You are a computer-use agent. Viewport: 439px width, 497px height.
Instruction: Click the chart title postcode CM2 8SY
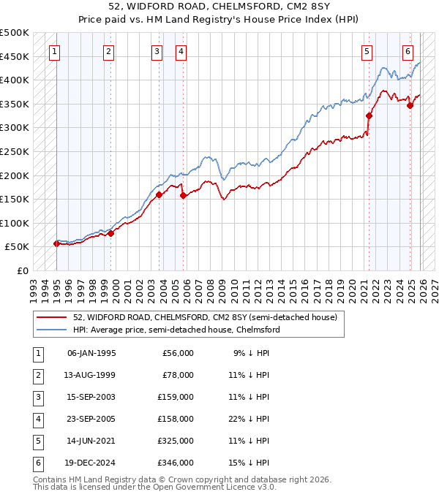pyautogui.click(x=299, y=7)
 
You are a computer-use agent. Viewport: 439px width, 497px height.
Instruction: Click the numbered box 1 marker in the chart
pyautogui.click(x=56, y=51)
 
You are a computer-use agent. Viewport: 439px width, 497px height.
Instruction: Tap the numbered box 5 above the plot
pyautogui.click(x=367, y=51)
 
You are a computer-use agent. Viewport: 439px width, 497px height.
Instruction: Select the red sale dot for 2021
pyautogui.click(x=369, y=115)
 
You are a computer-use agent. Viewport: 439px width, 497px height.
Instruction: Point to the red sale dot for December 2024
pyautogui.click(x=410, y=105)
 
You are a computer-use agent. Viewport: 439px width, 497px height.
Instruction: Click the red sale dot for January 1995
pyautogui.click(x=56, y=243)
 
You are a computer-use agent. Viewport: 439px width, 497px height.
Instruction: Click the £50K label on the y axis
pyautogui.click(x=18, y=247)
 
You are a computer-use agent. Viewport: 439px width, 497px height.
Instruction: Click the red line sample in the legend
pyautogui.click(x=51, y=318)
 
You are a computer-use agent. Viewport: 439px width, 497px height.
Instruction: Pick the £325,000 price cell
pyautogui.click(x=177, y=441)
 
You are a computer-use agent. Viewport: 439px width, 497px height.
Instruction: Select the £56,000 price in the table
pyautogui.click(x=177, y=353)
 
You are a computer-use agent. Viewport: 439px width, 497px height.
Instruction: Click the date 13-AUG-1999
pyautogui.click(x=91, y=375)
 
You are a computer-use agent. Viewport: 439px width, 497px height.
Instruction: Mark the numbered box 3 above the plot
pyautogui.click(x=157, y=51)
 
